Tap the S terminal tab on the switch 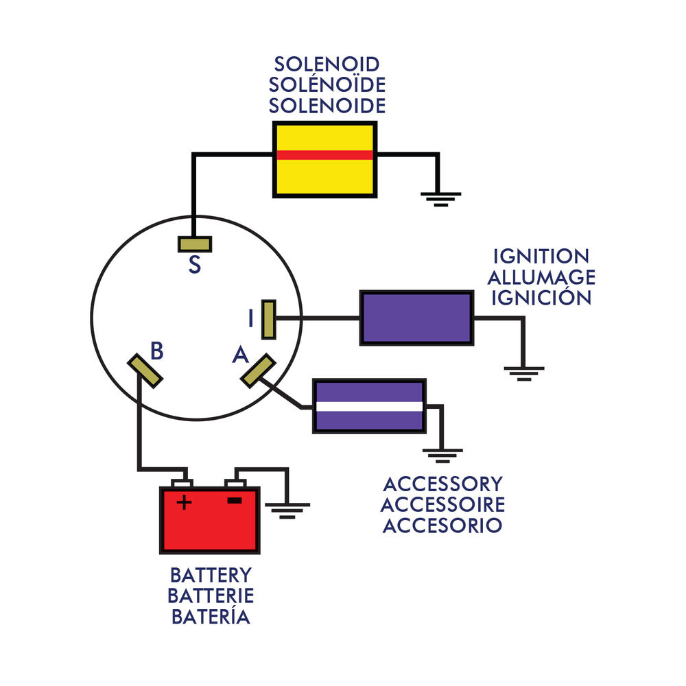pos(195,244)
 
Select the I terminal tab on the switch pos(269,319)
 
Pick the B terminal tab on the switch pos(145,370)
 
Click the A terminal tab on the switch pos(259,370)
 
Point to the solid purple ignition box pos(416,318)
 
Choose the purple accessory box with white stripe pos(369,406)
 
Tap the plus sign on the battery pos(184,503)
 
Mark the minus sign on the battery pos(235,501)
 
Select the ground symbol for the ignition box pos(524,373)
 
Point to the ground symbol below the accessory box pos(442,454)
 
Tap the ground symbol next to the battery pos(288,508)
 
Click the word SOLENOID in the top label pos(327,64)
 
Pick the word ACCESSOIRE pos(442,505)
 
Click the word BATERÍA pos(211,617)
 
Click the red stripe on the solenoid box pos(325,155)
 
